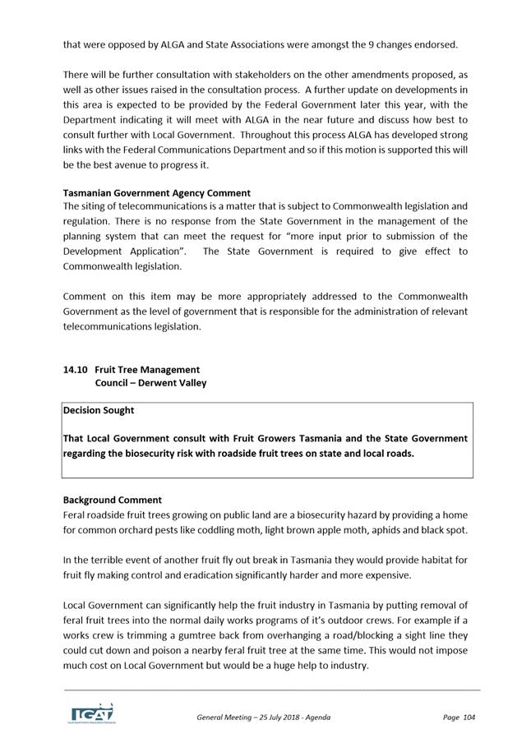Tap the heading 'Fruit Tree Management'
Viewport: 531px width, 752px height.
point(147,370)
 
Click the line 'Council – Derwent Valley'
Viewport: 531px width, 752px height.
point(150,383)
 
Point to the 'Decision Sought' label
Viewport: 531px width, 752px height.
point(99,410)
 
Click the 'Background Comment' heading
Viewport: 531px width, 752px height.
point(113,500)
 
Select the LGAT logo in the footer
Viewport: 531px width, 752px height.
point(90,713)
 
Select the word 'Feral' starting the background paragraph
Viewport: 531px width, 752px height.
point(75,514)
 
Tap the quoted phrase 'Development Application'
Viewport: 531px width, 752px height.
point(125,251)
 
